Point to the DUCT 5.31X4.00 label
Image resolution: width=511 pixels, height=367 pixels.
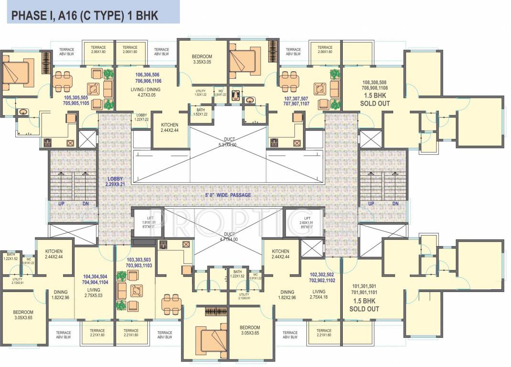pyautogui.click(x=228, y=142)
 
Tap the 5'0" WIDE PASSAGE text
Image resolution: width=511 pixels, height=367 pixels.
pyautogui.click(x=228, y=195)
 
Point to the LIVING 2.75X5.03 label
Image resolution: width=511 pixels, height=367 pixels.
pyautogui.click(x=94, y=293)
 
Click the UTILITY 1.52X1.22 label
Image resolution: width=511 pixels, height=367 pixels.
pyautogui.click(x=201, y=93)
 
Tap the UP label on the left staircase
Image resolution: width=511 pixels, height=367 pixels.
pyautogui.click(x=61, y=204)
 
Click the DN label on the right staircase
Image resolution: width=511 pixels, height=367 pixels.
pyautogui.click(x=396, y=204)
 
